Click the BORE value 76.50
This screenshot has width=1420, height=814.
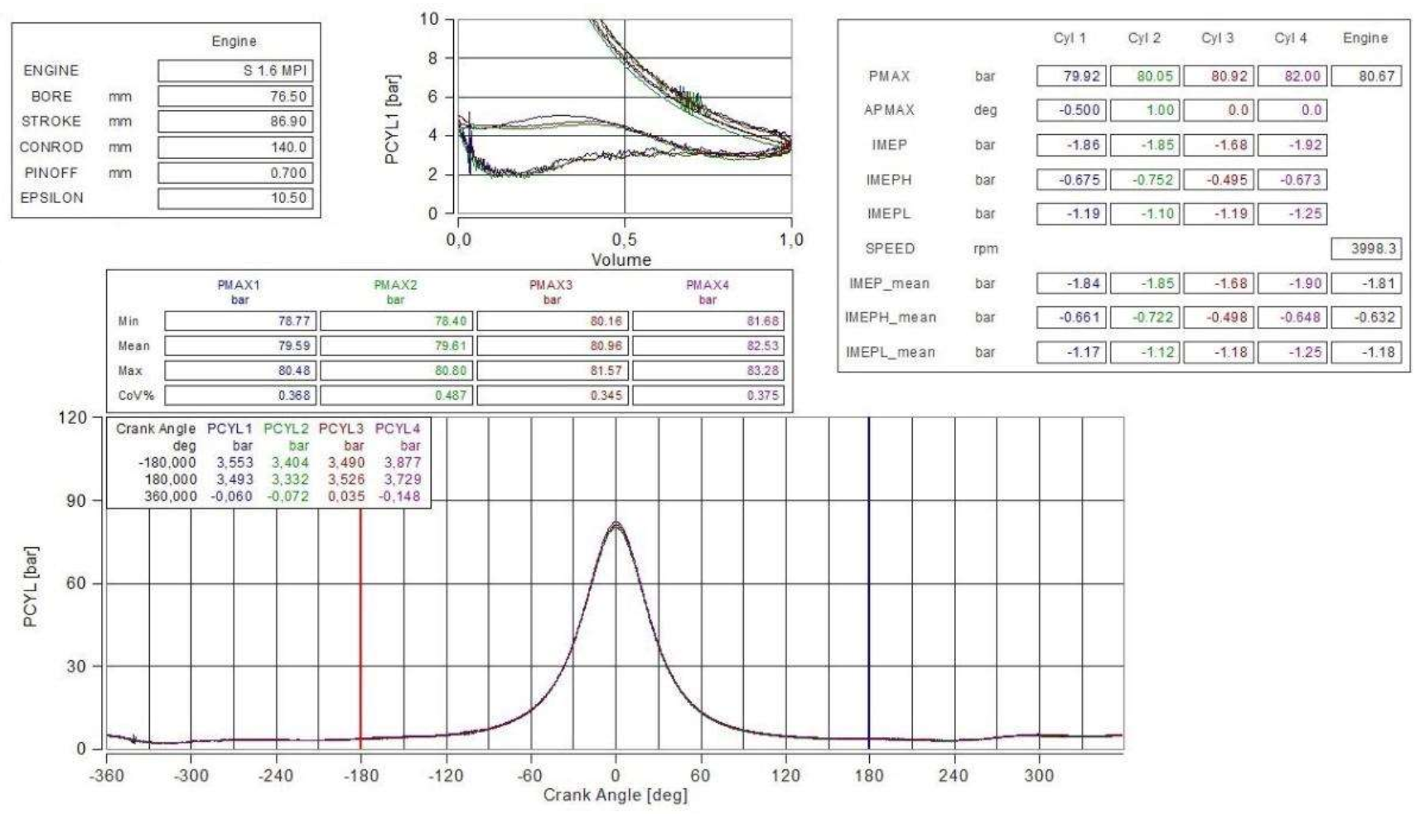click(235, 96)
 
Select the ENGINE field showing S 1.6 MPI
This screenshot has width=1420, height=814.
click(235, 70)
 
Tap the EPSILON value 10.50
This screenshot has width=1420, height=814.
click(235, 198)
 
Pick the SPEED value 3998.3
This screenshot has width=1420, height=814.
click(1365, 248)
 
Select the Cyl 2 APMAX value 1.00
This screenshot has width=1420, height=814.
click(1144, 110)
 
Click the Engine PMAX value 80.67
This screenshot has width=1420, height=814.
click(1365, 76)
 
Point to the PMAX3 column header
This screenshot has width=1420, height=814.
click(551, 286)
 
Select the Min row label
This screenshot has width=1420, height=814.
click(128, 321)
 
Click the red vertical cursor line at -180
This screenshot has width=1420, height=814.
click(360, 629)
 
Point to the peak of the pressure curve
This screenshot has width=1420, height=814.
click(616, 523)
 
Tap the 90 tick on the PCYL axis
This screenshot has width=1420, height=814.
click(76, 501)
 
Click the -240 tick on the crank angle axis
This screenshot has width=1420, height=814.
click(275, 776)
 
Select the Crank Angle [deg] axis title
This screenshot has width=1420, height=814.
click(615, 796)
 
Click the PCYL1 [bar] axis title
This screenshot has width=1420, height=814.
click(393, 119)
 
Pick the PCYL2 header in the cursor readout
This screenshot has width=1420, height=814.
click(286, 429)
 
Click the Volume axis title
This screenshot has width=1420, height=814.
click(621, 260)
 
